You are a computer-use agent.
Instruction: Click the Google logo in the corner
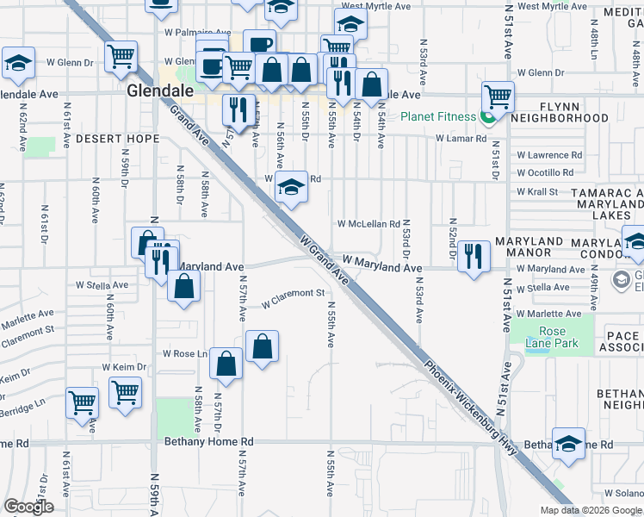click(28, 507)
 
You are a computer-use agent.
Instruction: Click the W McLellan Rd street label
click(368, 223)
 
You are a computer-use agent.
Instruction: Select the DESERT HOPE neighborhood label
click(117, 139)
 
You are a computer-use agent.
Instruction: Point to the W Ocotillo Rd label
click(544, 172)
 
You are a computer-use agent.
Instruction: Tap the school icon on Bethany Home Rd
click(568, 442)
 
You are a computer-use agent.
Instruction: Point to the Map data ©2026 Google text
click(591, 510)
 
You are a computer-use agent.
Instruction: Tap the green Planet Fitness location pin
click(488, 117)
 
